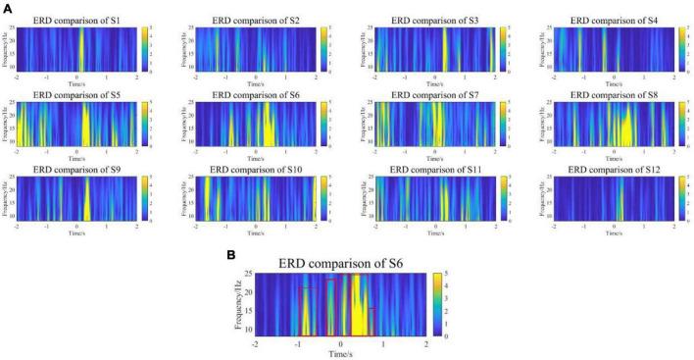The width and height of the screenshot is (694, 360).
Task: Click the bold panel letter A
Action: pyautogui.click(x=7, y=8)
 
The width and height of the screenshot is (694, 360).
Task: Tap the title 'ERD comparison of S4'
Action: pyautogui.click(x=614, y=19)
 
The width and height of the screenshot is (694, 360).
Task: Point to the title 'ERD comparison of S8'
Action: pyautogui.click(x=614, y=94)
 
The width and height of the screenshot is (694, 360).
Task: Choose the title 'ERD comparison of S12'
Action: pyautogui.click(x=614, y=170)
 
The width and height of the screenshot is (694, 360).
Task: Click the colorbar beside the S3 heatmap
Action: pyautogui.click(x=501, y=48)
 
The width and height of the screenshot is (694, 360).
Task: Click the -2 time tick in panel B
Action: pyautogui.click(x=255, y=344)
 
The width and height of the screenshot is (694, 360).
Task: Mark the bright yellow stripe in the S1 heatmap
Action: pyautogui.click(x=80, y=48)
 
